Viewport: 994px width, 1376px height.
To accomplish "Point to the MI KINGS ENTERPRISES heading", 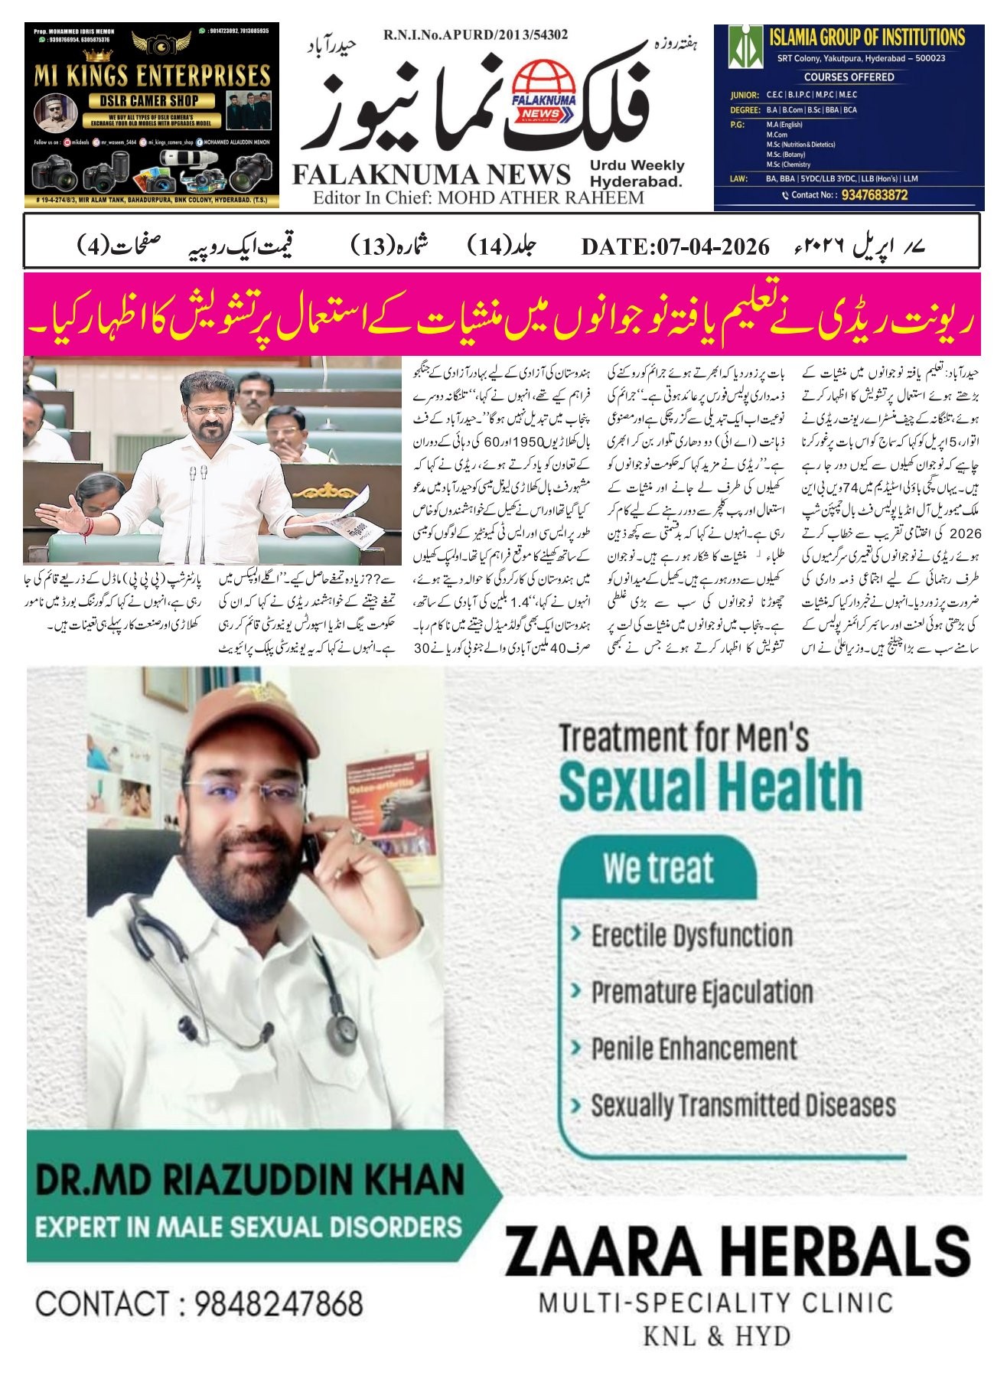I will [152, 76].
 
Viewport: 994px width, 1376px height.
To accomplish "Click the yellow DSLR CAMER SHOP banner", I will [152, 99].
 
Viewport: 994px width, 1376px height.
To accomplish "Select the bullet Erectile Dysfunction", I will [691, 935].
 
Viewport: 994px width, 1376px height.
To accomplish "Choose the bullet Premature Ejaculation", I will [701, 992].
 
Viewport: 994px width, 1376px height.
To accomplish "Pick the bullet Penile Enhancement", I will [693, 1048].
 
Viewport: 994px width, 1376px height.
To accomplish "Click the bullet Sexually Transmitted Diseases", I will [742, 1105].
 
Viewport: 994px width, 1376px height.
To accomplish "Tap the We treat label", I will [657, 868].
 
